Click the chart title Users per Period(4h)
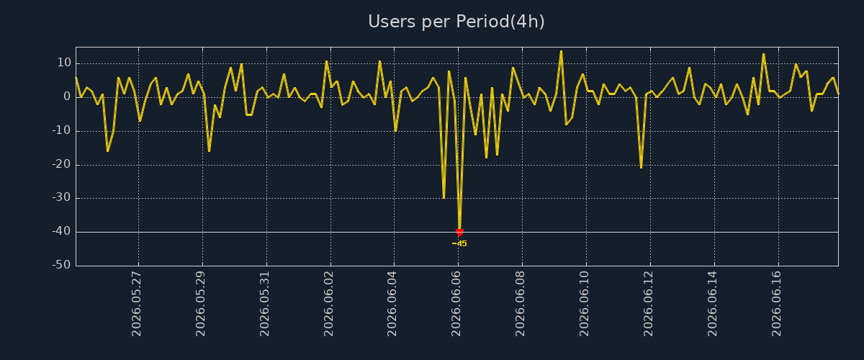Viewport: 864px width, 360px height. coord(456,22)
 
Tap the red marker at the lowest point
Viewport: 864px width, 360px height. coord(459,233)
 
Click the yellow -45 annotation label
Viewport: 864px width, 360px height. coord(459,243)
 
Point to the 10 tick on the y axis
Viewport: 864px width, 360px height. coord(64,63)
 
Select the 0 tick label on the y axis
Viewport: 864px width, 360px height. coord(68,96)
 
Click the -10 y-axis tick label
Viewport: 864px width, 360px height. coord(61,130)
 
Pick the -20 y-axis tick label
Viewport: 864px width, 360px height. coord(61,164)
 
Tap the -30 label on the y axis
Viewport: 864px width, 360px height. coord(61,198)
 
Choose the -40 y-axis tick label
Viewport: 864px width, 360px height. coord(61,232)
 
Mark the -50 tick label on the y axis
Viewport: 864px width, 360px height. coord(61,265)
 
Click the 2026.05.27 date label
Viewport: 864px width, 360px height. coord(137,304)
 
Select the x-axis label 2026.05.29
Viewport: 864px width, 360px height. coord(201,304)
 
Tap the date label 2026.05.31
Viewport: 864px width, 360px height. coord(265,304)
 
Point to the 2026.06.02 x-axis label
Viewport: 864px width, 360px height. coord(328,304)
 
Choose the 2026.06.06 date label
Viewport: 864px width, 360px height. coord(456,304)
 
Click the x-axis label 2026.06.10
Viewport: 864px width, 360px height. coord(585,304)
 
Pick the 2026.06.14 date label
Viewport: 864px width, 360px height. coord(712,304)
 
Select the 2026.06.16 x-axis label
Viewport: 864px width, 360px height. coord(776,304)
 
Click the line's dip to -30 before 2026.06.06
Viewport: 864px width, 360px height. coord(444,197)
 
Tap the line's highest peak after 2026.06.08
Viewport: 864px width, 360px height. coord(561,51)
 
